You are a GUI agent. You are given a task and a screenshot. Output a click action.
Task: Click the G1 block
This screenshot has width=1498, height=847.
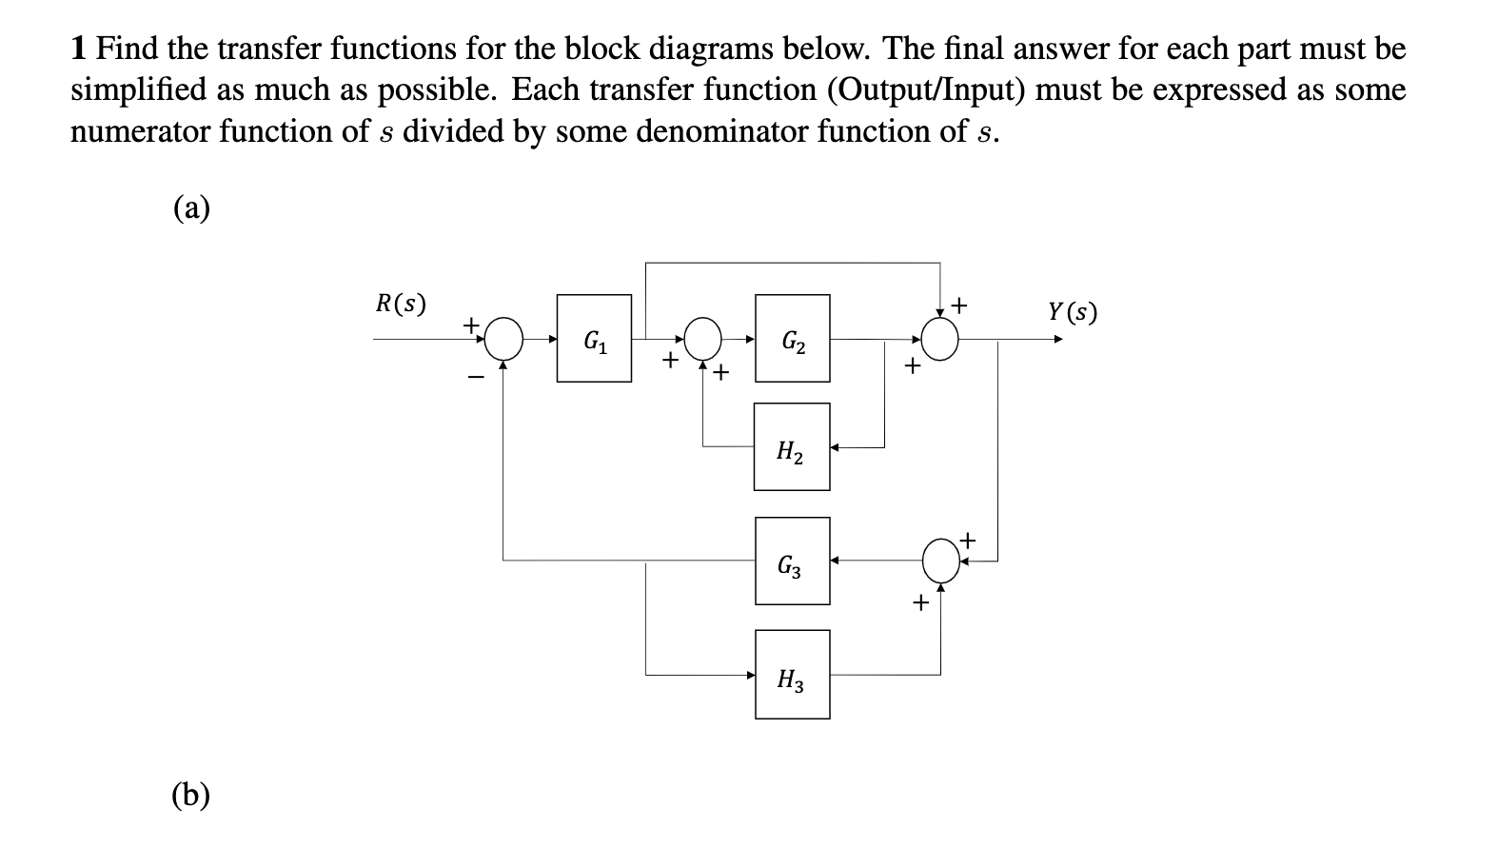tap(594, 339)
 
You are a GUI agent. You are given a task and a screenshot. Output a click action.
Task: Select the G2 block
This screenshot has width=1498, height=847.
tap(792, 339)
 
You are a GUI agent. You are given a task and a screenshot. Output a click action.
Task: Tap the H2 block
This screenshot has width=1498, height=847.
tap(791, 447)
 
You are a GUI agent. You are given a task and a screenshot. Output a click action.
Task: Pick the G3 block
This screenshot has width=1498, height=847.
tap(792, 561)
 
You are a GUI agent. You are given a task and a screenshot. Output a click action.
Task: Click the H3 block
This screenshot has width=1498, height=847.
tap(792, 675)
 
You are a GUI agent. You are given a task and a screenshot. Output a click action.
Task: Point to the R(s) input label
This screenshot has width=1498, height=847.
tap(401, 304)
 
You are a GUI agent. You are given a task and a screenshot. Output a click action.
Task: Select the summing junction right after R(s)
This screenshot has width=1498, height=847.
tap(504, 338)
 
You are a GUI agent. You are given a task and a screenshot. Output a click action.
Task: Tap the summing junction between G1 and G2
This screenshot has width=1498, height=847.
tap(704, 338)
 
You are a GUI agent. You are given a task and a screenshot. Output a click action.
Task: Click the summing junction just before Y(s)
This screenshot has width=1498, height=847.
tap(940, 338)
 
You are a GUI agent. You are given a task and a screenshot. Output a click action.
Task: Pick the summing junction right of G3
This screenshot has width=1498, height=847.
tap(940, 561)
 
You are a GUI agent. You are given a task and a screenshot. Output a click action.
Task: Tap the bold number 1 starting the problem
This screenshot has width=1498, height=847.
tap(80, 48)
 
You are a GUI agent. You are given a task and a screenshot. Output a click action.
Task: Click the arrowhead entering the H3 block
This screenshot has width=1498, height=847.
tap(750, 675)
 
